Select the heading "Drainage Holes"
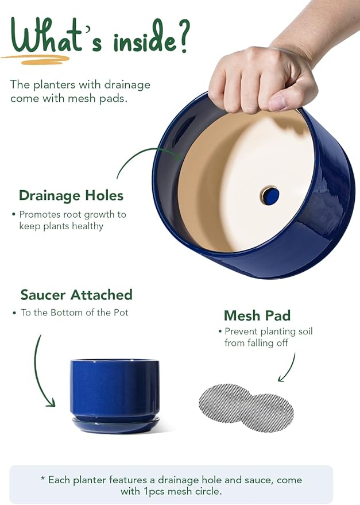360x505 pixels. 71,195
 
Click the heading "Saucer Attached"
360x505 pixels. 76,295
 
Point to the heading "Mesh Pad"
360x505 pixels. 257,315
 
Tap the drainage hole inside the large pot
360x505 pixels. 270,196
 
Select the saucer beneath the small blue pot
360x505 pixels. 114,425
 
